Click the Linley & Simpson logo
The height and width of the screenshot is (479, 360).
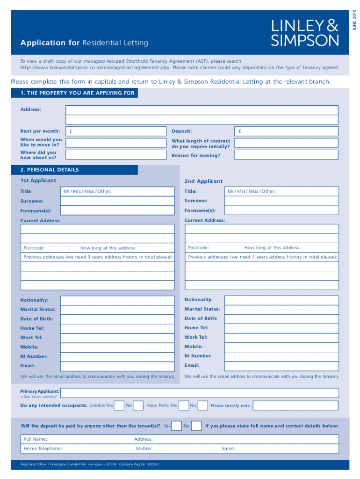tap(305, 33)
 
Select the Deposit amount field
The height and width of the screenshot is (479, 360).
tap(286, 131)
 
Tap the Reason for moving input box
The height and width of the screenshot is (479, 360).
tap(286, 155)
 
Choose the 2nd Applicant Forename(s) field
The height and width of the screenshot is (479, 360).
tap(281, 210)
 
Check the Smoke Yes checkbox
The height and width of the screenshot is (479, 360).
tap(119, 406)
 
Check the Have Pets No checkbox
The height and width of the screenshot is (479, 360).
tap(202, 406)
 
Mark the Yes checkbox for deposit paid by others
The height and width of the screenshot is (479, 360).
tap(177, 426)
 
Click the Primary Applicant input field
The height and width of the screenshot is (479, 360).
tap(199, 393)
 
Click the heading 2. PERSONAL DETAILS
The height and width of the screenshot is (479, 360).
tap(50, 170)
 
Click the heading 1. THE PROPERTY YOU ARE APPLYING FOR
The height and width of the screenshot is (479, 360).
tap(77, 93)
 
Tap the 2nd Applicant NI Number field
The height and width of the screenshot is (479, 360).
tap(281, 356)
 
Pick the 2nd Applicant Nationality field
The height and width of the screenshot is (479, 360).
tap(281, 300)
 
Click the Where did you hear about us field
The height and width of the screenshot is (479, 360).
tap(116, 155)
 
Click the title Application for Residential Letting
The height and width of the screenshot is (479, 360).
tap(84, 43)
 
